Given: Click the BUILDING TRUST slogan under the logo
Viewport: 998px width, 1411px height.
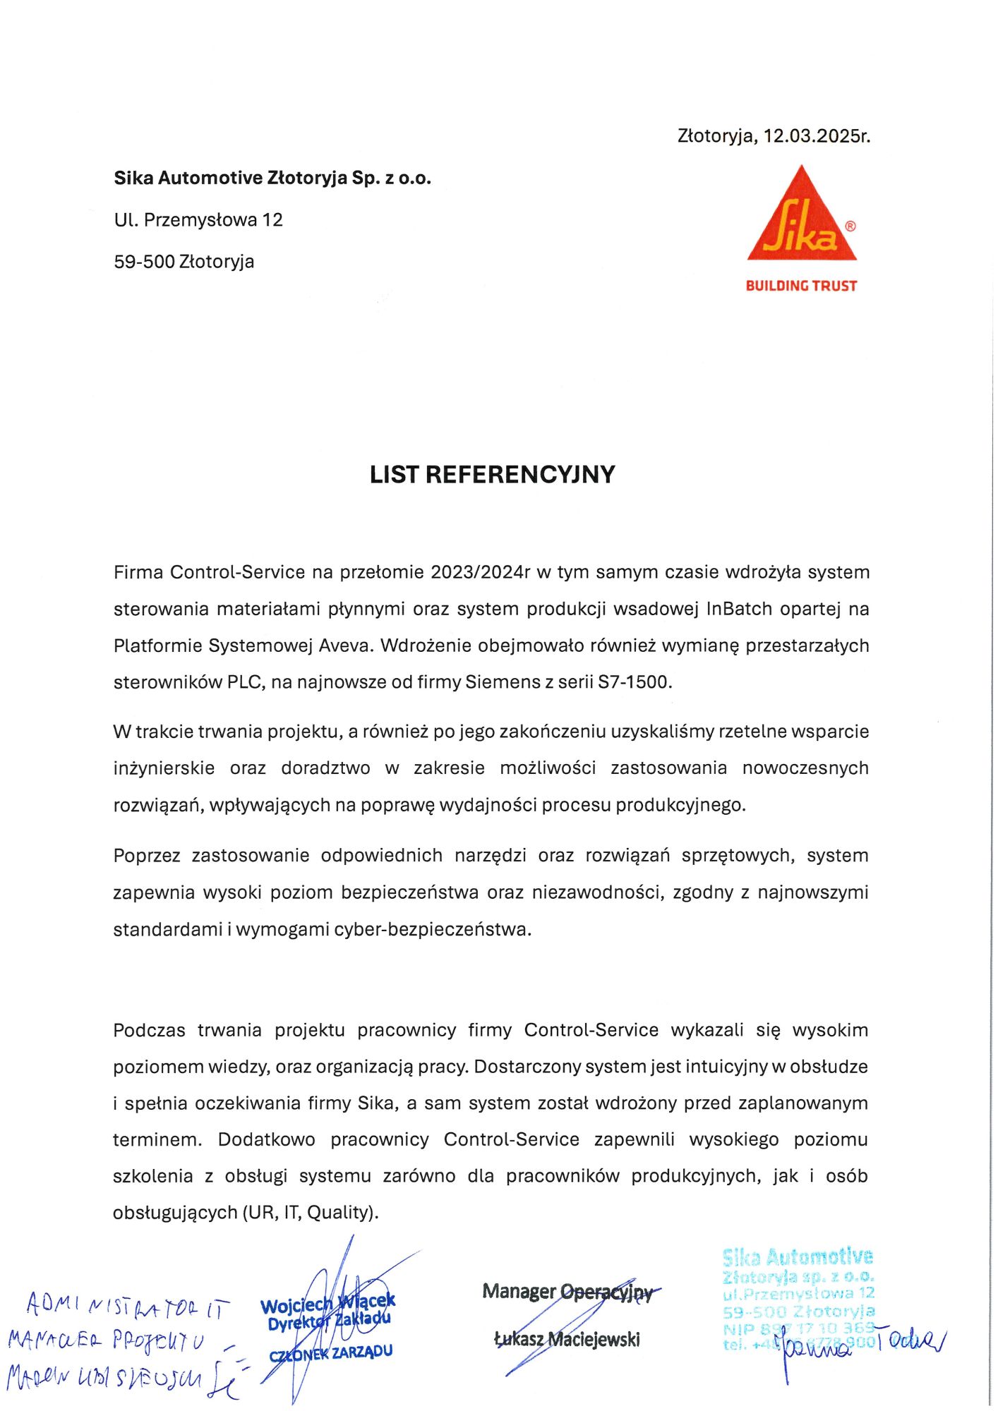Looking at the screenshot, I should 801,286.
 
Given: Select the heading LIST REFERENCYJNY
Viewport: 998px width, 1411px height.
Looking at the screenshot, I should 492,475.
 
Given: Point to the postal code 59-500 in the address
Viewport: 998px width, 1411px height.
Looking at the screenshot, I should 144,262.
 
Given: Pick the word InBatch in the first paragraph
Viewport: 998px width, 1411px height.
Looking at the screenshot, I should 739,609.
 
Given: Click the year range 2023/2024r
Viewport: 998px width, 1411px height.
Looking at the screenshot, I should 480,572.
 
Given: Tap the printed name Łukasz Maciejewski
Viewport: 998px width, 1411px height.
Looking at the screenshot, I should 567,1339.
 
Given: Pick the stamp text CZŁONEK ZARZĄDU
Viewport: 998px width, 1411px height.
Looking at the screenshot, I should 330,1353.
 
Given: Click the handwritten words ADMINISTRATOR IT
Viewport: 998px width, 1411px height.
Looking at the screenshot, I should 127,1307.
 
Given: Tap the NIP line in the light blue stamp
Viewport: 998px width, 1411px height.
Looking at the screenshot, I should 798,1329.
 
